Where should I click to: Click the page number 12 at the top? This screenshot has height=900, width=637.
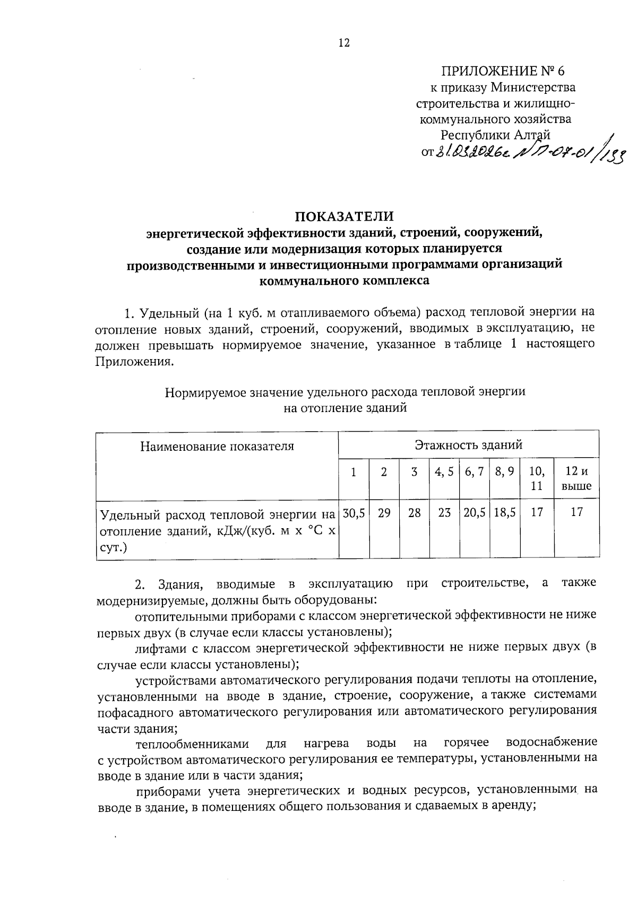tap(344, 43)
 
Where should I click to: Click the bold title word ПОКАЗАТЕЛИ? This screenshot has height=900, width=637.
tap(345, 216)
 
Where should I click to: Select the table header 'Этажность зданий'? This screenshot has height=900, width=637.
tap(468, 444)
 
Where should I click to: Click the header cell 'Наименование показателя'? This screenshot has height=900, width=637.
tap(217, 446)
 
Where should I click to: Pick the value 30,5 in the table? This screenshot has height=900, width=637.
tap(354, 513)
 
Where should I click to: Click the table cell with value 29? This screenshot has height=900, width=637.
tap(384, 513)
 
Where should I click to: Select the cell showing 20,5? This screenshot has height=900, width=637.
tap(475, 513)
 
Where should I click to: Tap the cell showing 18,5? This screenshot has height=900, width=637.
tap(505, 513)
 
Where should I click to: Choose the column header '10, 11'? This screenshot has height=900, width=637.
tap(537, 478)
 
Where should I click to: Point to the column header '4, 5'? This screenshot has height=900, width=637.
tap(444, 471)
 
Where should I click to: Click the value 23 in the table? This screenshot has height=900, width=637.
tap(444, 513)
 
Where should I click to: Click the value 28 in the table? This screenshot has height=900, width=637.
tap(414, 513)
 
